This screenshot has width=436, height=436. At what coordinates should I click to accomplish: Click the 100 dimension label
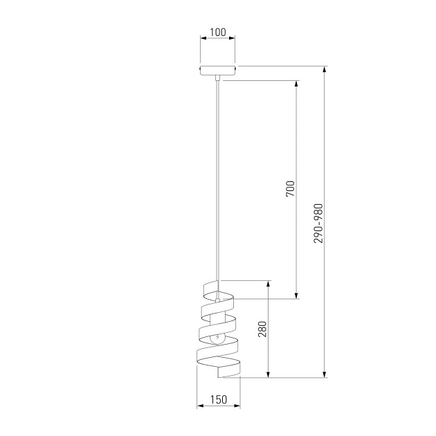pyautogui.click(x=218, y=33)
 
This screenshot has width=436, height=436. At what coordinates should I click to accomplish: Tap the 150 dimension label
pyautogui.click(x=219, y=399)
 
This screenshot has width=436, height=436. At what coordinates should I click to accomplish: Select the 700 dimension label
pyautogui.click(x=290, y=189)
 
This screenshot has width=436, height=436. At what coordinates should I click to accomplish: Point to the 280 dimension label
pyautogui.click(x=262, y=329)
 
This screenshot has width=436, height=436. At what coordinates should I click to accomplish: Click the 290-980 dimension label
pyautogui.click(x=318, y=224)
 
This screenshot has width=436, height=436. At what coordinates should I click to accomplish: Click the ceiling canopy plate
pyautogui.click(x=218, y=71)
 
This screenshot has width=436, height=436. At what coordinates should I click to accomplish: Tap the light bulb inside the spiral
pyautogui.click(x=218, y=338)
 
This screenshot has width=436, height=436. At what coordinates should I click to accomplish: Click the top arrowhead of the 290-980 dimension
pyautogui.click(x=324, y=69)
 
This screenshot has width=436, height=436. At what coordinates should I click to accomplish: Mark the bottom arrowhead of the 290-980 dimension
pyautogui.click(x=324, y=374)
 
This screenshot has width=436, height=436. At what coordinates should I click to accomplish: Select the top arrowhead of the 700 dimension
pyautogui.click(x=296, y=84)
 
